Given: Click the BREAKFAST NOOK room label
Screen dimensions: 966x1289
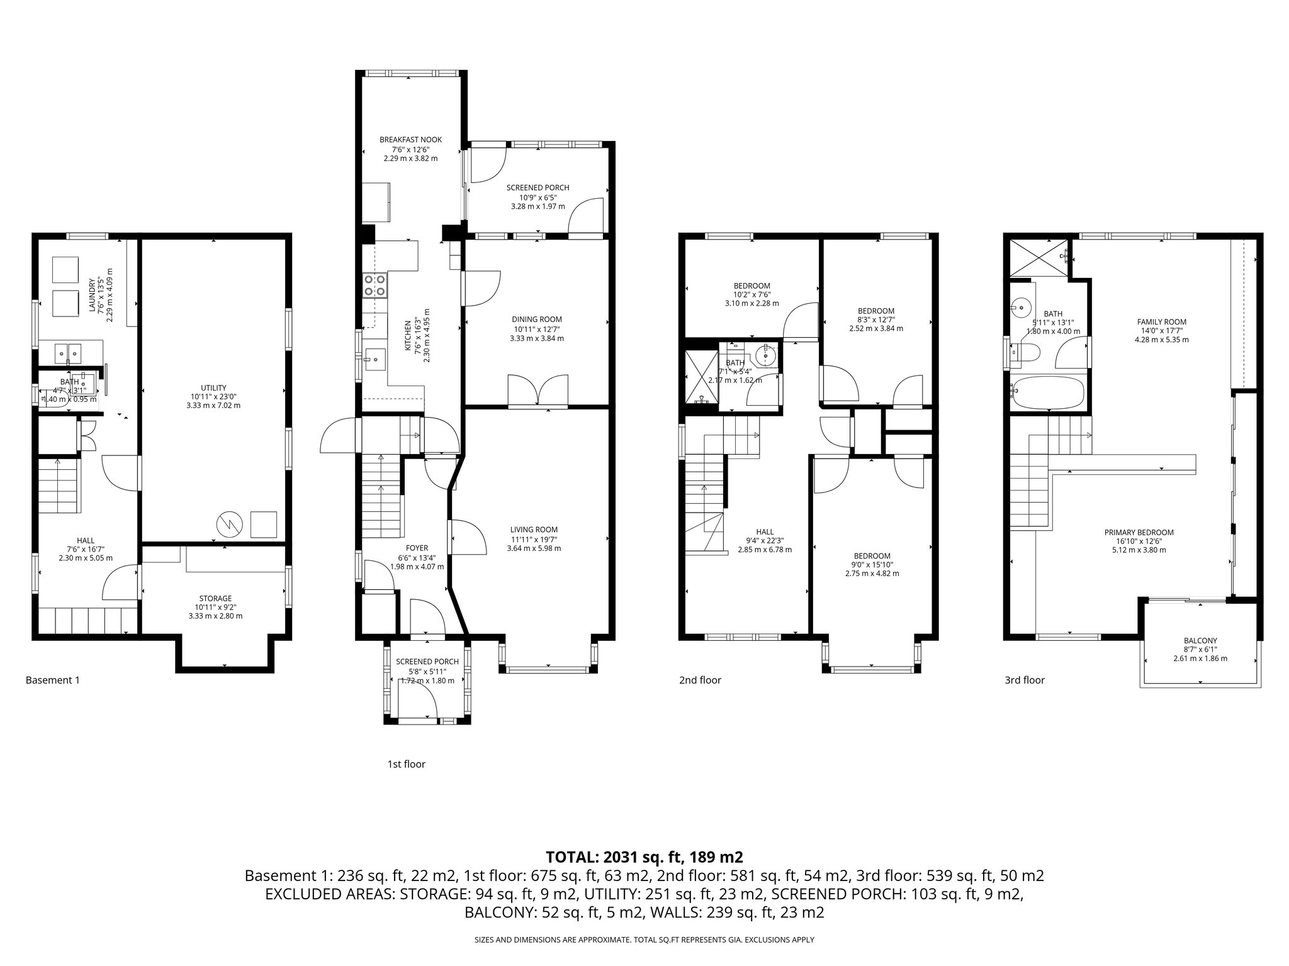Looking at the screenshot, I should (410, 140).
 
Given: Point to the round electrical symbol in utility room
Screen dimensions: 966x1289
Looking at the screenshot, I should (228, 523).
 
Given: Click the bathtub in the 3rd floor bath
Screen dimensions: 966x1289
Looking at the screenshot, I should (1047, 392).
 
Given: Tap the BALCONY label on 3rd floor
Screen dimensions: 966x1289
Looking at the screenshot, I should (1200, 640).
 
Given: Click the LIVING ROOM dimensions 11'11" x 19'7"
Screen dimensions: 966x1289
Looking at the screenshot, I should (534, 539).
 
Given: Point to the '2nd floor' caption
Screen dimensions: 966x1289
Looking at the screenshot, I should (700, 680).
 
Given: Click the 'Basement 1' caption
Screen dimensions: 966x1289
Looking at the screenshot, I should (52, 680).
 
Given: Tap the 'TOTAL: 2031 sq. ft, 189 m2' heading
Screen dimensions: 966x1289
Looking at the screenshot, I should (644, 857).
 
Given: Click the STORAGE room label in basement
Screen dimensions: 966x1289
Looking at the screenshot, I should (215, 598).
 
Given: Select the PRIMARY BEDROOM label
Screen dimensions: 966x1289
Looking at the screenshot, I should (1139, 532).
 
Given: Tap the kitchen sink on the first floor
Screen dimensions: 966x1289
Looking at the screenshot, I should (375, 360).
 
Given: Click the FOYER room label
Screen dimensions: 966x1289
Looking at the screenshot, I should (417, 548).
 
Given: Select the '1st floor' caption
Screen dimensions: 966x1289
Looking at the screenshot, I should (406, 764).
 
